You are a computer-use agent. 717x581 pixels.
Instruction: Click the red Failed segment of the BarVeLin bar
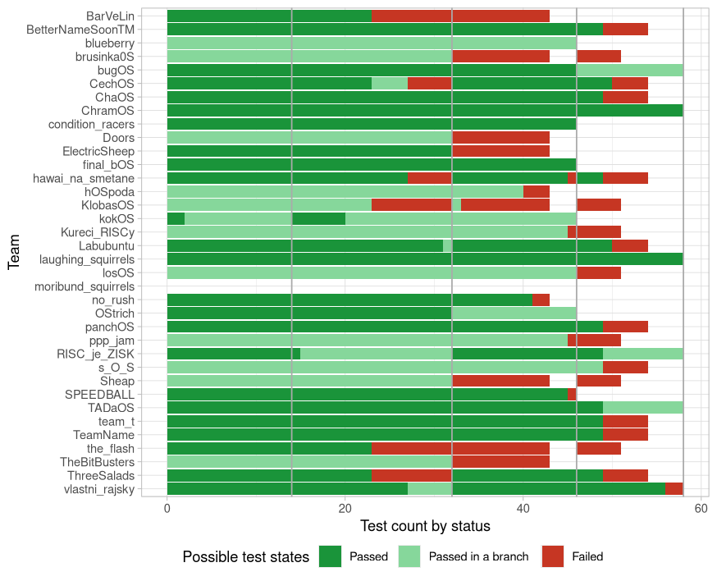coord(460,16)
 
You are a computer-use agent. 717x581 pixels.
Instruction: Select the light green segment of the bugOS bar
coord(629,70)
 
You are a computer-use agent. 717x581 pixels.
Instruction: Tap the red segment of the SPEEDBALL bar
coord(572,394)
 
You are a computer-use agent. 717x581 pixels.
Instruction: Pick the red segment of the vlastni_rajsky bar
coord(674,489)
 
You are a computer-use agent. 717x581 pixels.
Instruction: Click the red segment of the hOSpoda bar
coord(537,191)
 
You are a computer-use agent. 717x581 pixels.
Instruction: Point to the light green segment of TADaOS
coord(642,408)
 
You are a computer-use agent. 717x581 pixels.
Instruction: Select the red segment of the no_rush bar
coord(541,300)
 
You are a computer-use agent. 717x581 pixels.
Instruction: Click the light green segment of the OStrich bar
coord(514,313)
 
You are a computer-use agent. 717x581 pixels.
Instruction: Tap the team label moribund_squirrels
coord(84,286)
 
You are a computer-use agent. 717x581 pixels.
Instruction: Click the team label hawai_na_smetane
coord(84,178)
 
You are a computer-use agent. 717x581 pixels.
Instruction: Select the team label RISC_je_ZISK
coord(95,354)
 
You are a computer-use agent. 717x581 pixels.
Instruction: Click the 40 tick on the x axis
coord(523,508)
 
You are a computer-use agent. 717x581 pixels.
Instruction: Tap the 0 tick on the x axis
coord(167,508)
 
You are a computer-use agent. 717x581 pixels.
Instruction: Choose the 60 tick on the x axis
coord(701,508)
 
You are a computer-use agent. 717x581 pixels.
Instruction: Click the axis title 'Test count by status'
coord(425,526)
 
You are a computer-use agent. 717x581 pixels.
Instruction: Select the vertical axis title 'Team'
coord(14,252)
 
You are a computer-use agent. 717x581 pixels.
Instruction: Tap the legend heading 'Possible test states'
coord(245,557)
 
